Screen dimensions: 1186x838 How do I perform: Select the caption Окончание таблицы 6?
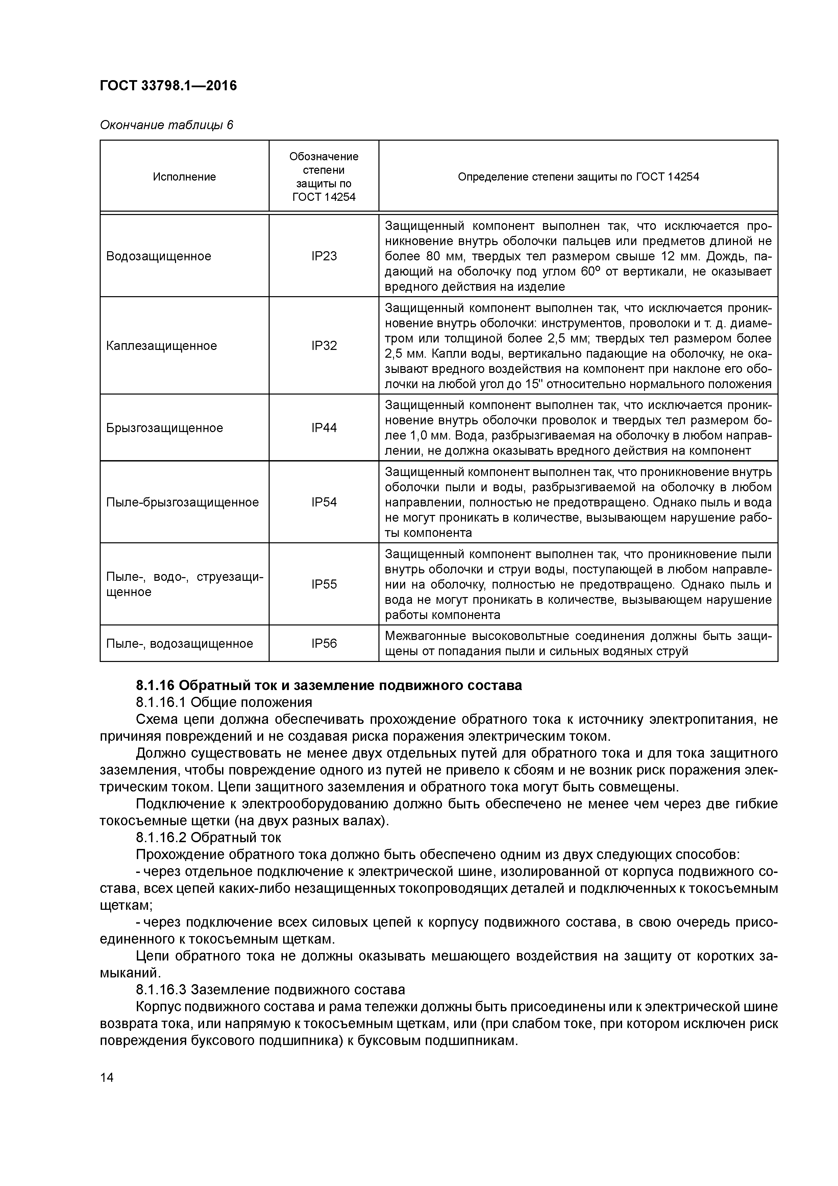point(166,125)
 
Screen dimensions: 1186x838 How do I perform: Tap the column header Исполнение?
point(184,177)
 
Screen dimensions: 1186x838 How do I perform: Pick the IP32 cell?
point(324,346)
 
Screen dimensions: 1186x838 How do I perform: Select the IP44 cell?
point(324,428)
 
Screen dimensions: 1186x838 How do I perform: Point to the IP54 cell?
point(324,502)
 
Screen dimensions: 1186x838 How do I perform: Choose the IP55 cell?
point(324,584)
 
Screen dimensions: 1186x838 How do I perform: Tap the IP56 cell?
point(324,643)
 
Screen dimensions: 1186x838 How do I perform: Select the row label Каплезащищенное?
point(162,346)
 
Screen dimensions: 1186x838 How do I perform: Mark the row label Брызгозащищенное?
point(165,428)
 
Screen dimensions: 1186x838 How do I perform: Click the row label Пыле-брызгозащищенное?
point(182,502)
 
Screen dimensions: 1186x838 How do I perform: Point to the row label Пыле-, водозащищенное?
point(180,643)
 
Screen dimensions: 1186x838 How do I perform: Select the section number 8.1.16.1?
point(161,702)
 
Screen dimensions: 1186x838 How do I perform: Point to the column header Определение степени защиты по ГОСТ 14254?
point(578,177)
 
